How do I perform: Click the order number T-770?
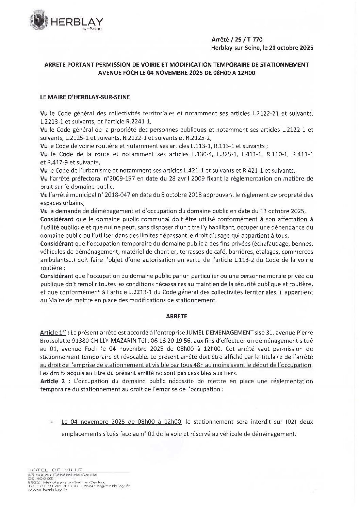(255, 40)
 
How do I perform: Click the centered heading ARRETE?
(177, 316)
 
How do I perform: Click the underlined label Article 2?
(52, 381)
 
